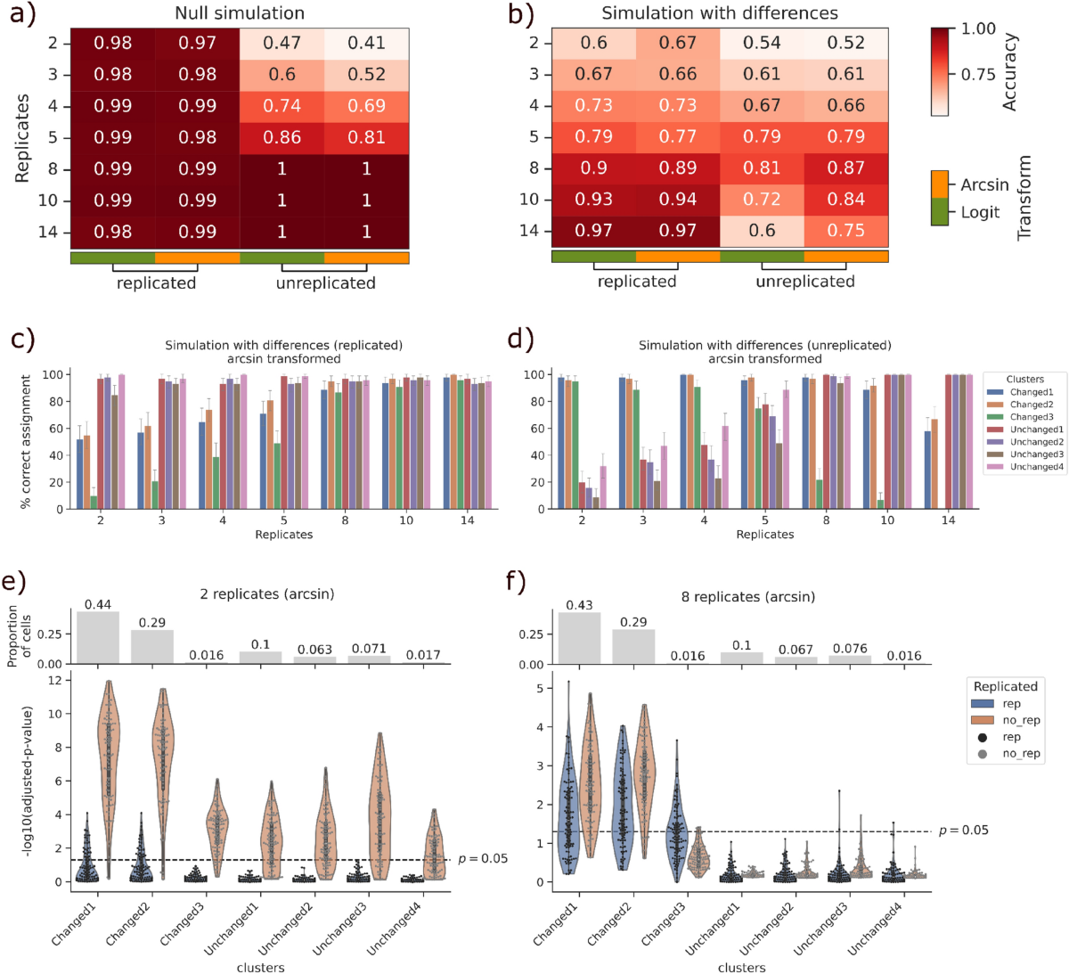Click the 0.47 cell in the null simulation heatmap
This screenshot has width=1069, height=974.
(x=282, y=43)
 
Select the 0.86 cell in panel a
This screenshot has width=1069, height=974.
(x=282, y=137)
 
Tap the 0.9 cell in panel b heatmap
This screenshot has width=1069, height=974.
(x=593, y=168)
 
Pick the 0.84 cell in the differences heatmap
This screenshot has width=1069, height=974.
(x=845, y=199)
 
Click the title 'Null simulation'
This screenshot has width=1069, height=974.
(x=240, y=13)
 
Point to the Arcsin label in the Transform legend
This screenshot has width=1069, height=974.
(x=984, y=184)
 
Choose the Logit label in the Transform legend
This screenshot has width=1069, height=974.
(x=980, y=212)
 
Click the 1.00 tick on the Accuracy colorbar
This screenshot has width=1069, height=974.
(x=978, y=29)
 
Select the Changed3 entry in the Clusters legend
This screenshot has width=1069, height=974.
(x=1031, y=417)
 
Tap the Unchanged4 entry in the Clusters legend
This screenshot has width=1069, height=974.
(x=1036, y=467)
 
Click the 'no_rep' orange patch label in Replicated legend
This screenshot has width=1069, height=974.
(x=1021, y=720)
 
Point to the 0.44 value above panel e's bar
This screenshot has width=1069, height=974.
(x=98, y=605)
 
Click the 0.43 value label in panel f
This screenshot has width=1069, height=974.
(x=579, y=605)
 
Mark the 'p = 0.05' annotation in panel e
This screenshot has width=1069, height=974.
(x=483, y=859)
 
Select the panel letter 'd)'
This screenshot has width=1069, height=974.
(x=519, y=339)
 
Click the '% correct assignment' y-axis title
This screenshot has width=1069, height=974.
(x=26, y=441)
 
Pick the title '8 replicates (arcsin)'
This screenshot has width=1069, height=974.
(x=748, y=596)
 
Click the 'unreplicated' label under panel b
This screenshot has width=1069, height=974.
(x=805, y=282)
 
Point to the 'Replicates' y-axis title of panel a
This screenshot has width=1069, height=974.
(x=22, y=138)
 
